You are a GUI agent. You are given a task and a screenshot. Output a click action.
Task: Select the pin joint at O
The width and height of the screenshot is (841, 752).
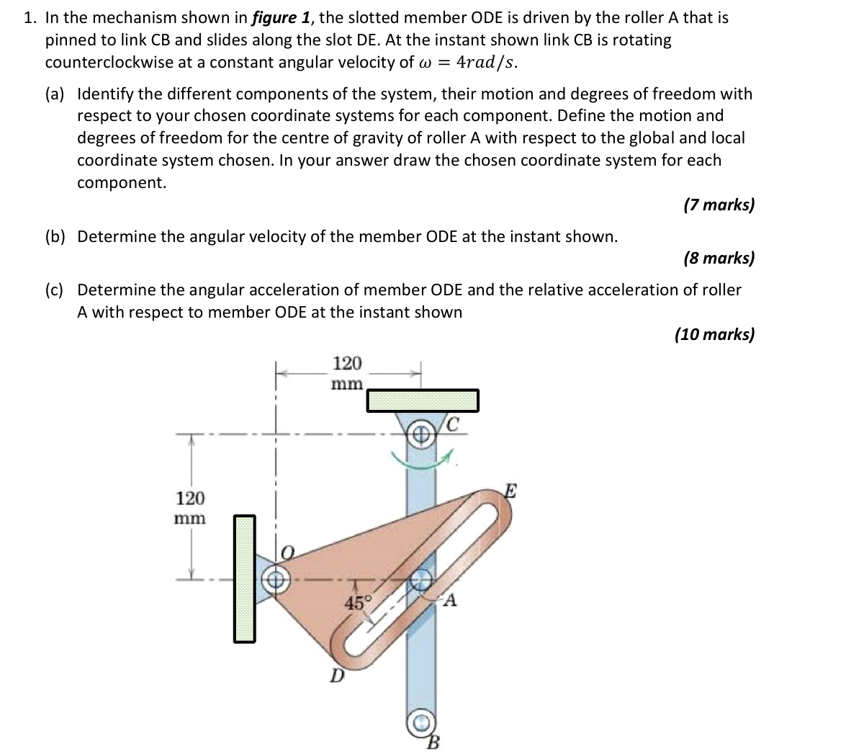(x=276, y=578)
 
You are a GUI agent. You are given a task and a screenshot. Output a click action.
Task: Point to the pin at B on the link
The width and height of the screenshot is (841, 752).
(x=421, y=722)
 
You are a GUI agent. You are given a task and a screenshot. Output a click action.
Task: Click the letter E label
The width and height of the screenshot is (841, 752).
(x=509, y=493)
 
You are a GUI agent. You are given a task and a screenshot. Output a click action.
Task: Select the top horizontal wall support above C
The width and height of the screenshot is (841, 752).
(x=423, y=400)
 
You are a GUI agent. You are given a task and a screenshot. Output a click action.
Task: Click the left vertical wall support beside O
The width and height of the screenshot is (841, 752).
(x=244, y=578)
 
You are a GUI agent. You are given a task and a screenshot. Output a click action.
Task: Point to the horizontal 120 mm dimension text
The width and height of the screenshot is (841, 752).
(x=348, y=372)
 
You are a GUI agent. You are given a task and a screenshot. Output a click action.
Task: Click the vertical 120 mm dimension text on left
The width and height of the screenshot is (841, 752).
(x=190, y=508)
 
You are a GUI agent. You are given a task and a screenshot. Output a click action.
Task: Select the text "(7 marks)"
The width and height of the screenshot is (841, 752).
(x=719, y=205)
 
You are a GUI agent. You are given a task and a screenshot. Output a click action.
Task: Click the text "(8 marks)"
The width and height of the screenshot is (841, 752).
(x=719, y=258)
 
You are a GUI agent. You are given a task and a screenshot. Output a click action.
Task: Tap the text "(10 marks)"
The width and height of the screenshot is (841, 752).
(x=714, y=334)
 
